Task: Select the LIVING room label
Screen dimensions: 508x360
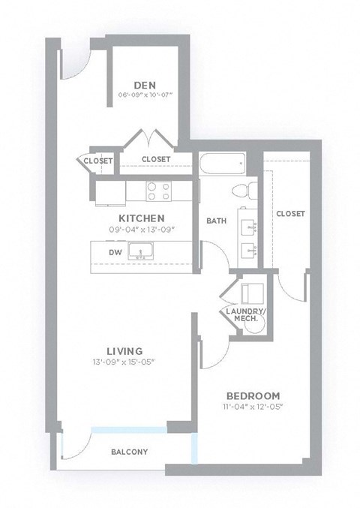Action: [x=119, y=350]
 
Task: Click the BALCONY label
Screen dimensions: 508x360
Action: [x=129, y=452]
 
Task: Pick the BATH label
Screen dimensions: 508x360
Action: [x=217, y=221]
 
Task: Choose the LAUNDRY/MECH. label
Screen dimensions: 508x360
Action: [x=242, y=314]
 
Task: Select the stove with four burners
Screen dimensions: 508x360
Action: [x=158, y=191]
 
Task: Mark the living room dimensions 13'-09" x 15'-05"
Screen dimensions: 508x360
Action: [x=120, y=362]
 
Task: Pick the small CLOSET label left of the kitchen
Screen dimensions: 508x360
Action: [x=98, y=161]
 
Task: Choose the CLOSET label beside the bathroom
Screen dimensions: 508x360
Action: [x=290, y=214]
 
